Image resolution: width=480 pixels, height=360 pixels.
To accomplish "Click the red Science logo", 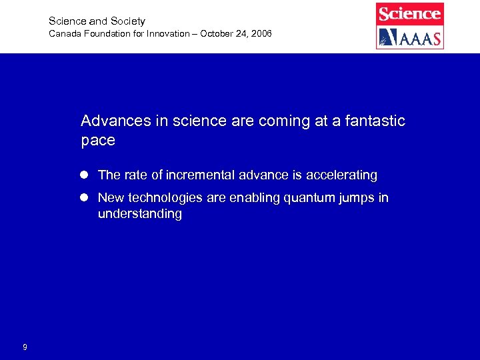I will click(409, 13).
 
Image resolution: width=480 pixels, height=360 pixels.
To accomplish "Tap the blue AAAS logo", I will click(409, 37).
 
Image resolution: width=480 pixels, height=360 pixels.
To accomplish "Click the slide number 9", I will click(25, 347).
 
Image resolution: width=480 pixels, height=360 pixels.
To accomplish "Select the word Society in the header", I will click(128, 21).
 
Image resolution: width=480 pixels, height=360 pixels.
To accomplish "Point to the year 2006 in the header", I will click(261, 33).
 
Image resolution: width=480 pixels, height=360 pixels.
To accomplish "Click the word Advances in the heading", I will click(111, 121).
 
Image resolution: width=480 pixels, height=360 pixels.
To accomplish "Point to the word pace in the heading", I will click(98, 141).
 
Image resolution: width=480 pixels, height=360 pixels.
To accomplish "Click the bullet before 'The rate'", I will click(85, 175).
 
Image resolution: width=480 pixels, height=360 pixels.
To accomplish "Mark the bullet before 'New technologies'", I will click(85, 198).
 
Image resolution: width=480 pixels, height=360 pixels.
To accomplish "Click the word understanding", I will click(139, 214).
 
